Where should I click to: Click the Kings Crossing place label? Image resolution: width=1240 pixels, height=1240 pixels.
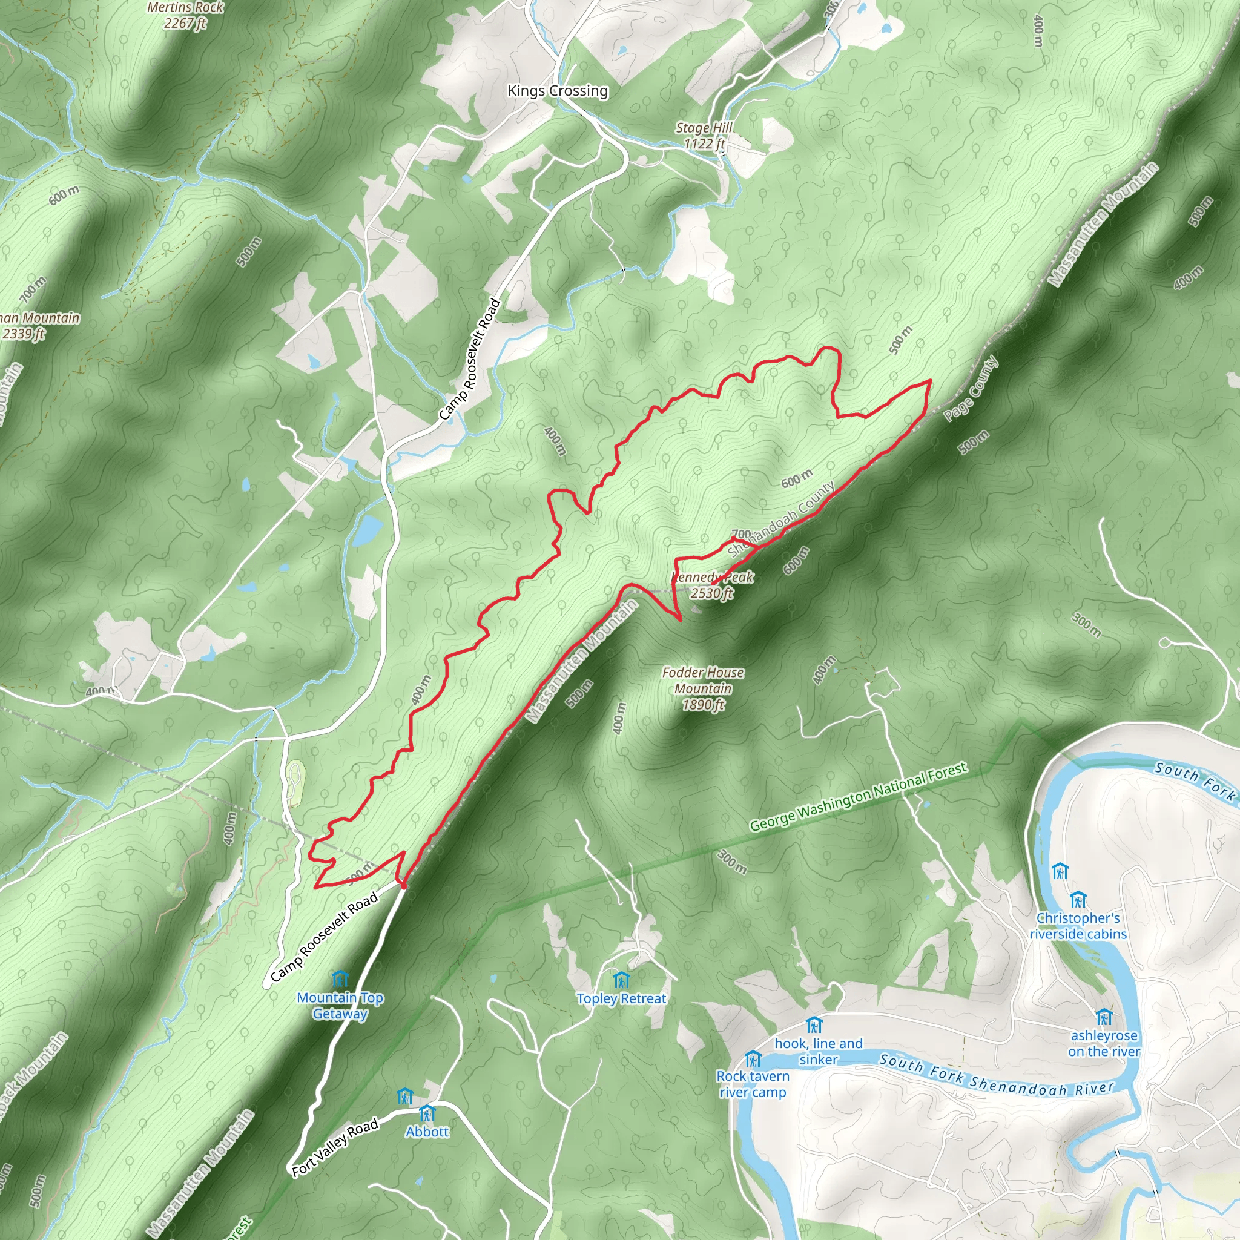[557, 90]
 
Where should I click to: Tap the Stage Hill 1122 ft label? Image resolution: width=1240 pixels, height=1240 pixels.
[704, 136]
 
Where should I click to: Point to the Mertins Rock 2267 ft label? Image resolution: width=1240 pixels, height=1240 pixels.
[185, 15]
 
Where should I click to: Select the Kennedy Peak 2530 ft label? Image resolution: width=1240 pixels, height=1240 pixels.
[712, 585]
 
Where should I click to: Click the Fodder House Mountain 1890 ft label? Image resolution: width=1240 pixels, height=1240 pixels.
[703, 688]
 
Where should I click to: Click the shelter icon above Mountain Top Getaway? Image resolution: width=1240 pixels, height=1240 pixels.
[340, 979]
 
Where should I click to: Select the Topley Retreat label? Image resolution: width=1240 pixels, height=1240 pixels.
[621, 998]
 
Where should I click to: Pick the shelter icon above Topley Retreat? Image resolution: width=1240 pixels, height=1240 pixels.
[621, 980]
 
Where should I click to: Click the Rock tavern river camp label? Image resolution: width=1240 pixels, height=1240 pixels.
[753, 1084]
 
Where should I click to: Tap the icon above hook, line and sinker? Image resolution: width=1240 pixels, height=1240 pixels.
[813, 1025]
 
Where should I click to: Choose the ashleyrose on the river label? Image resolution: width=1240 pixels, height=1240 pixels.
[1104, 1043]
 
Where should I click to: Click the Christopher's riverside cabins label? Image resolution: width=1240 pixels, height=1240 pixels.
[1078, 926]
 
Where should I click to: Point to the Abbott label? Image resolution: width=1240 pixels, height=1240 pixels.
[427, 1132]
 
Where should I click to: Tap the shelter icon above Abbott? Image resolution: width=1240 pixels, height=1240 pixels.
[427, 1112]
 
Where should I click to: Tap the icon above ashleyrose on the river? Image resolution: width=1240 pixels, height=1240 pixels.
[1104, 1017]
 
